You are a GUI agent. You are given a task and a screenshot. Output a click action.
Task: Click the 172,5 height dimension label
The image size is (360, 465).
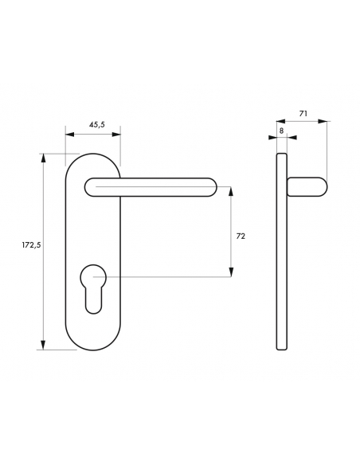coord(30,244)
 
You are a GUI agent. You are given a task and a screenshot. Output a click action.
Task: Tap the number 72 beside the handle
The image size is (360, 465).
coord(241,236)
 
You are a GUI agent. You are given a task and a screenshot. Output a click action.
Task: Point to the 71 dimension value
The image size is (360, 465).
coord(303,115)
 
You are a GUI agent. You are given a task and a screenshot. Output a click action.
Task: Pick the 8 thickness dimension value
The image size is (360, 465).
coord(281,129)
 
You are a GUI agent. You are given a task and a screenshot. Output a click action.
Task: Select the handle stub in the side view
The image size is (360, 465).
coord(307,188)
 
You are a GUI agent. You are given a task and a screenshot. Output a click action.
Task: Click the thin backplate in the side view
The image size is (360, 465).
coord(281,251)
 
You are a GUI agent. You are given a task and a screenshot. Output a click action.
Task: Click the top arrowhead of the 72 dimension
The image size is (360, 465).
coord(231,191)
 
